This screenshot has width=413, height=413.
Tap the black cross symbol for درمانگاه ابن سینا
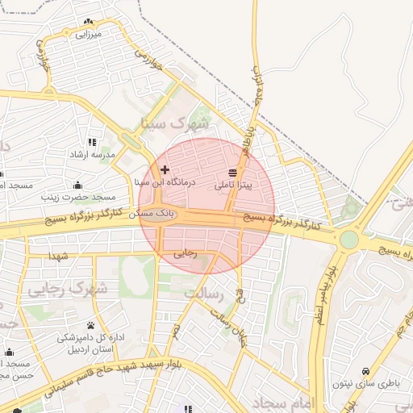(x=165, y=169)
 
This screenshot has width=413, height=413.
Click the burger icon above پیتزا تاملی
(x=233, y=173)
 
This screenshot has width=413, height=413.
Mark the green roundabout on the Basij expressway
(x=348, y=240)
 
